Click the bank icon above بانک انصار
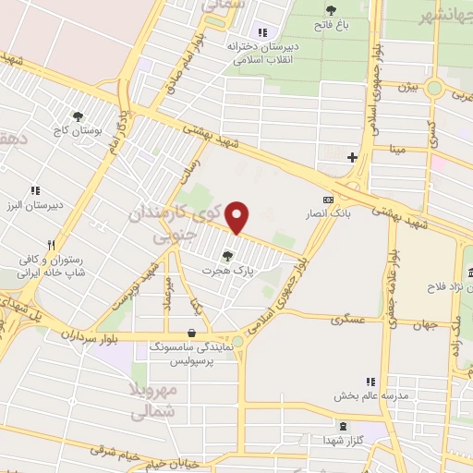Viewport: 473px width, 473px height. coord(327,200)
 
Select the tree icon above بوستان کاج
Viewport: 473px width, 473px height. coord(78,116)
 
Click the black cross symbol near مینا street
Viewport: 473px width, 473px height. coord(351,157)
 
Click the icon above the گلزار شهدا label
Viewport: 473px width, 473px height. coord(345,426)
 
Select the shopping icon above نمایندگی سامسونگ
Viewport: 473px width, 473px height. coord(191,333)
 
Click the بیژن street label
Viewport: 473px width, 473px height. coord(409,88)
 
